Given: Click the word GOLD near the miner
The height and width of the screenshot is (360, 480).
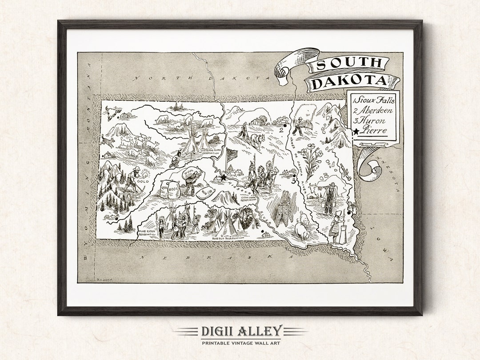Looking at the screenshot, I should (143, 182).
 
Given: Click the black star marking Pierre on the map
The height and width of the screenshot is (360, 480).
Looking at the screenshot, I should (224, 177).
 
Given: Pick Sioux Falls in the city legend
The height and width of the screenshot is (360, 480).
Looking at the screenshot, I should (374, 100).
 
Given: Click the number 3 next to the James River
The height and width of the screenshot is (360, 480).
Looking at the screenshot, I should (293, 181).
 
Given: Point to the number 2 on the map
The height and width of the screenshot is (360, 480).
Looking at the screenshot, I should (281, 130).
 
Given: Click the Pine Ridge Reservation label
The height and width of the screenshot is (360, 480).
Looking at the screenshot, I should (148, 233).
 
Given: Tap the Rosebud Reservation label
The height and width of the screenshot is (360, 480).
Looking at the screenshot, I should (228, 239).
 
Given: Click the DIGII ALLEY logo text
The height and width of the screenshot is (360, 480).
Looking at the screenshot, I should (241, 331).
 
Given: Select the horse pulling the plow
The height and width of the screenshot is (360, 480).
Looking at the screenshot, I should (257, 141).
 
